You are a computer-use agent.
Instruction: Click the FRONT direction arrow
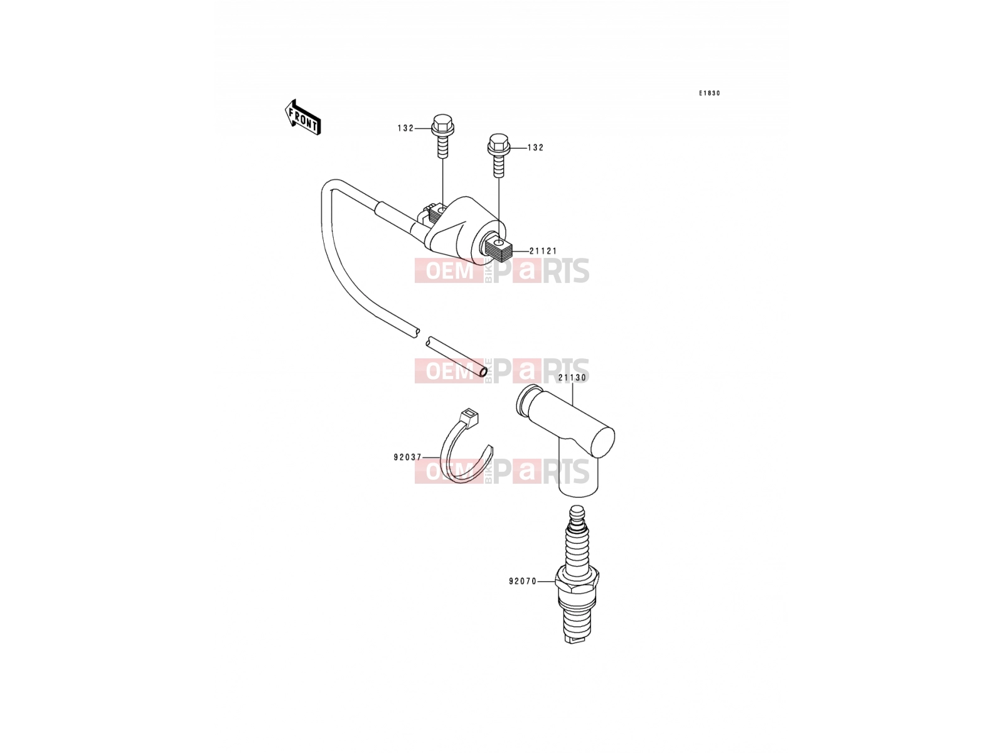coord(302,117)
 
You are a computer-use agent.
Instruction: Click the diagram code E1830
coord(709,93)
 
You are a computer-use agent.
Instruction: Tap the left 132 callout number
coord(405,129)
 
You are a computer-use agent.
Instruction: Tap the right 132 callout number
coord(535,147)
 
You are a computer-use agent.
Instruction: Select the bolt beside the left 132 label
coord(442,136)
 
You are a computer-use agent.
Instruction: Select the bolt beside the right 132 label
coord(499,155)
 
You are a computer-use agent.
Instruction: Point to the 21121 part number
coord(543,251)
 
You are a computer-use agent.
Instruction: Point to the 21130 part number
coord(572,378)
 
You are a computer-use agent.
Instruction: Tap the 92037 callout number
coord(407,457)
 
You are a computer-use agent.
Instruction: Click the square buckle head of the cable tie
coord(469,417)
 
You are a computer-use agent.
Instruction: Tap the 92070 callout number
coord(523,582)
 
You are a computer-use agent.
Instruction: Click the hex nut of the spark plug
coord(577,580)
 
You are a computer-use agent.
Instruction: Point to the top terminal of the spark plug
coord(577,515)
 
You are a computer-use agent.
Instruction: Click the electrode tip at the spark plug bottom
coord(575,639)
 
